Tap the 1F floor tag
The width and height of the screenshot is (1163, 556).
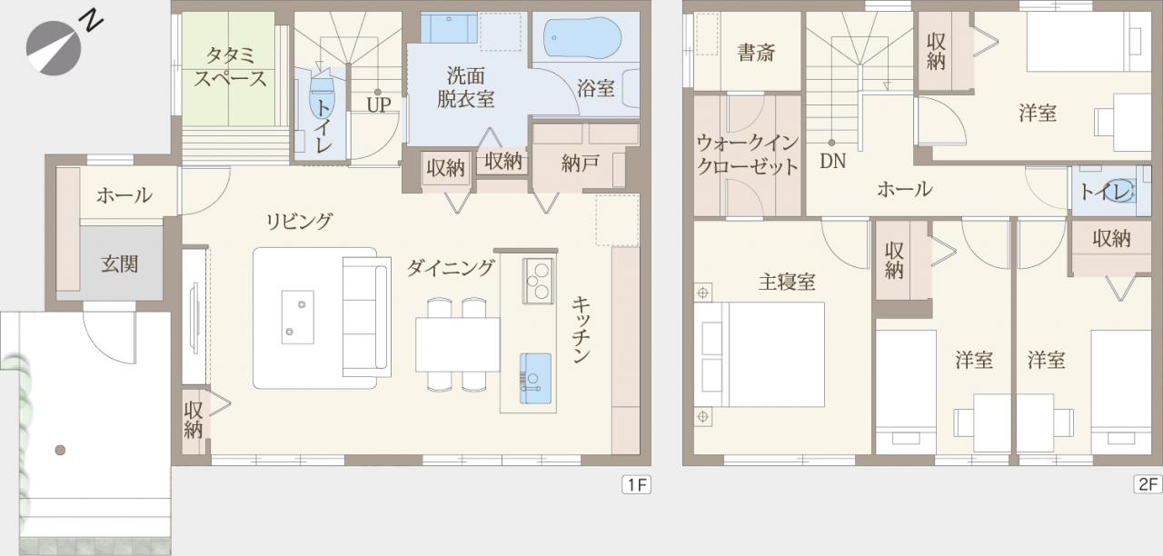[x=637, y=484]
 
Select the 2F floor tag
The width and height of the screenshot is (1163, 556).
[x=1148, y=484]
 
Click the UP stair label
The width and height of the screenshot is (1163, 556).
[x=379, y=104]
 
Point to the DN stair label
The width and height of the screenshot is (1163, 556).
[x=833, y=161]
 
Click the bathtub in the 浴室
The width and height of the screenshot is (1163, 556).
[x=582, y=37]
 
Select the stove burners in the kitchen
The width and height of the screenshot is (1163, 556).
[x=538, y=281]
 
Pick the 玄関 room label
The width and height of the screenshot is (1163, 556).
[x=120, y=264]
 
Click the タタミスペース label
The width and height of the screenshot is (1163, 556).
[x=230, y=67]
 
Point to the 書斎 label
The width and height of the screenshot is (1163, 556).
[x=756, y=53]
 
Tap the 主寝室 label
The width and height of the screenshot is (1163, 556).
[x=787, y=282]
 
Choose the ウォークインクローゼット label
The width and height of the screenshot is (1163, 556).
[x=748, y=154]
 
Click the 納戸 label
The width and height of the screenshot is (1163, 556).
[x=581, y=164]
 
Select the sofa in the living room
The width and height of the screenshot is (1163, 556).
[x=366, y=317]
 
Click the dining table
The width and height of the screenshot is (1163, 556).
[x=457, y=344]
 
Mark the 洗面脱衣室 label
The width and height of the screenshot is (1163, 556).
[x=465, y=87]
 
